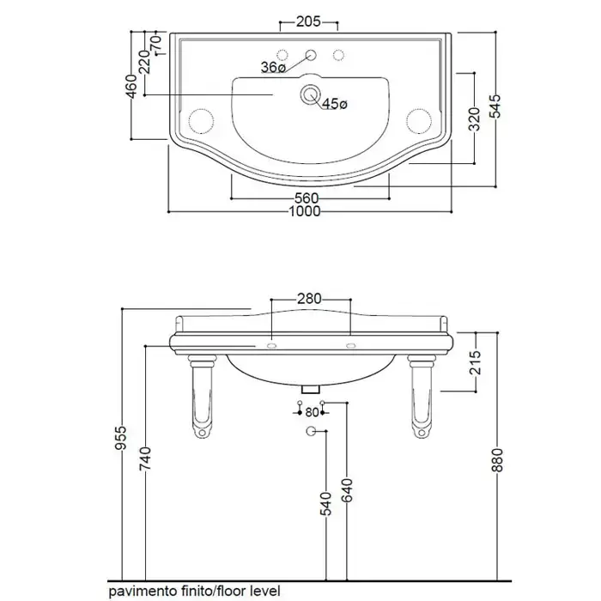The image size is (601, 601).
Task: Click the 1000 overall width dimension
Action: coord(304,211)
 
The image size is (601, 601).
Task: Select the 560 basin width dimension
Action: coord(307,198)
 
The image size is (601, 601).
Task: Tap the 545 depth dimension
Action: coord(495,106)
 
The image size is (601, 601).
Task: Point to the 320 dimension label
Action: coord(475,119)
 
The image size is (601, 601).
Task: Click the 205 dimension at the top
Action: coord(308,21)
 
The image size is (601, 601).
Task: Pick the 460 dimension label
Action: coord(131,87)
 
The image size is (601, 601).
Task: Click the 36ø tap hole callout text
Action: coord(273,68)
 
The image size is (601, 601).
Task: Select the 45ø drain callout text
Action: coord(335,104)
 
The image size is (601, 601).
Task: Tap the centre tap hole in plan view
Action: coord(311,55)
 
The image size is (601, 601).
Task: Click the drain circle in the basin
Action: coord(310,94)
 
